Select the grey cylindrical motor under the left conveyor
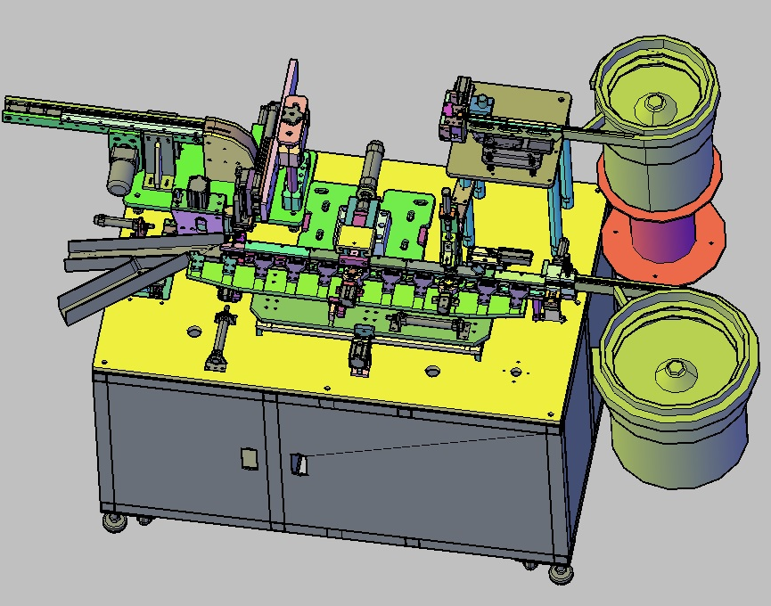(121, 172)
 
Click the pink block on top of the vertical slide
(291, 125)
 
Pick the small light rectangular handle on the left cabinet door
(249, 458)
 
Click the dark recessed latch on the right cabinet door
(299, 464)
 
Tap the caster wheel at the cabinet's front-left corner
(114, 521)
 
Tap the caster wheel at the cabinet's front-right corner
(560, 572)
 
